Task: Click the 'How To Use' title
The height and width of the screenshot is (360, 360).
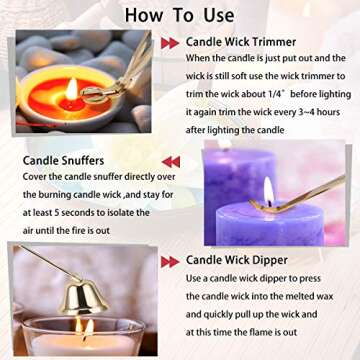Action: [x=180, y=15]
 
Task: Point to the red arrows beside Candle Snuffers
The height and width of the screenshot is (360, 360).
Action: [x=170, y=162]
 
